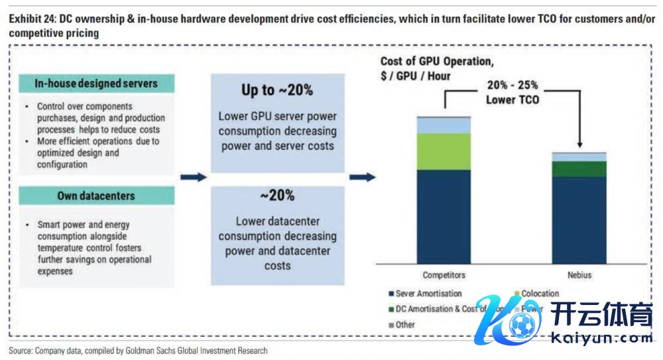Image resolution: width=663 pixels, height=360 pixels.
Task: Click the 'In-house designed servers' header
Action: point(96,84)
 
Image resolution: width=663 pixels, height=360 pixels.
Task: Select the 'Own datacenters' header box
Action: point(95,196)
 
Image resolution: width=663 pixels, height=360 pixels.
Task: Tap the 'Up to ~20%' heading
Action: point(277,90)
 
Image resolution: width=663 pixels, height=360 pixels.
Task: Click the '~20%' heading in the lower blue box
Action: point(277,196)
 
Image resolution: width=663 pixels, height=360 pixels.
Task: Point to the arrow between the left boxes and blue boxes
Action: point(193,177)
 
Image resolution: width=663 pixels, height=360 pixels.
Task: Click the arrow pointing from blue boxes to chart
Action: point(362,177)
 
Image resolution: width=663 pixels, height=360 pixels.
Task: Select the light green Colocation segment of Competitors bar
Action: point(444,151)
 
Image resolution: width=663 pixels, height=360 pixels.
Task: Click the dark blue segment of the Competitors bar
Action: point(444,215)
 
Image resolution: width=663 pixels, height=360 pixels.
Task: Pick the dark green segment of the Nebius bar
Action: point(579,169)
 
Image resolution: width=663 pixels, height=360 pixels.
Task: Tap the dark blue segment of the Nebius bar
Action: point(579,219)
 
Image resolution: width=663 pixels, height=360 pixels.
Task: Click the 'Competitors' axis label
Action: point(444,275)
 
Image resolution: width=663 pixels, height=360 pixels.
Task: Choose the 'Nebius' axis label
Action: point(579,275)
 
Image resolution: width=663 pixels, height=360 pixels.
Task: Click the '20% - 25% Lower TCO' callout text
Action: point(512,93)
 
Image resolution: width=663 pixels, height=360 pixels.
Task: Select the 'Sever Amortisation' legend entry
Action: point(428,294)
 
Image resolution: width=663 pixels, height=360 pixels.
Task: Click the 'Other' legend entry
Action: point(404,325)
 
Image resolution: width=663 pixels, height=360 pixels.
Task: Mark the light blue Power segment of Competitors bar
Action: point(444,125)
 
